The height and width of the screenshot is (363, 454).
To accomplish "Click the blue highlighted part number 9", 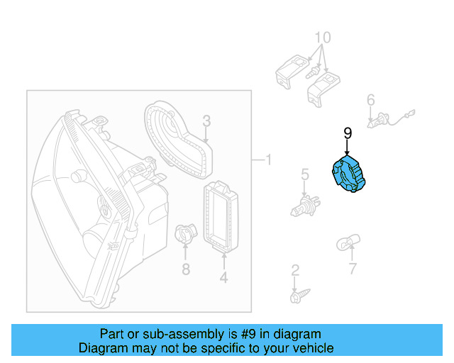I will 348,175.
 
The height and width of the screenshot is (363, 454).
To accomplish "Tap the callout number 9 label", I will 348,133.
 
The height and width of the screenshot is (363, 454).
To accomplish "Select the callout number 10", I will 322,37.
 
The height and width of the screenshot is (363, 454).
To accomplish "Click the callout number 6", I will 370,101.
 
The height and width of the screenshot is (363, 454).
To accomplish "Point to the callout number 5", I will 304,174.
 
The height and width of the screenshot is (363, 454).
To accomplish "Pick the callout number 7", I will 353,269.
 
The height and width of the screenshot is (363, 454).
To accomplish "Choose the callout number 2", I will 294,270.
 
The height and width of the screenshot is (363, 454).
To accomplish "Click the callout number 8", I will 185,269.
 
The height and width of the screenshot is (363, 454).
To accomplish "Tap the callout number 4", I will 223,278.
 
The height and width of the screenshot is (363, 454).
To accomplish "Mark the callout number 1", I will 268,160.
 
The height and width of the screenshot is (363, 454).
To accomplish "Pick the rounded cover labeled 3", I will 177,138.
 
